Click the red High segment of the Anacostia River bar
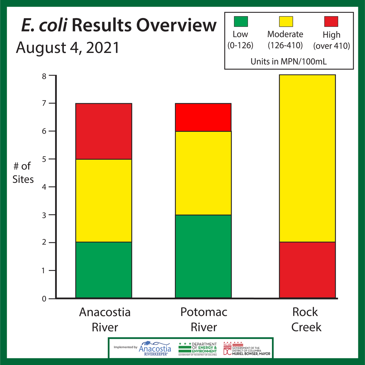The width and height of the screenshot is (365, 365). click(x=103, y=131)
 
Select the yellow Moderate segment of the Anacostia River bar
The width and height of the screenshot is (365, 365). click(x=103, y=201)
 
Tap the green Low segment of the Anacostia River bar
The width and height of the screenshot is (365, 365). click(x=103, y=270)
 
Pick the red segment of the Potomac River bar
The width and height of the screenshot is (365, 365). click(x=203, y=117)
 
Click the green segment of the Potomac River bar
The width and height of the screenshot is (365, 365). click(x=203, y=256)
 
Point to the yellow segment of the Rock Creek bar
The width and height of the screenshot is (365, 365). click(x=307, y=158)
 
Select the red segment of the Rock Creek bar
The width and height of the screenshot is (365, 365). click(x=307, y=270)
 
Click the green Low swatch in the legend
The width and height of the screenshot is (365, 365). click(x=241, y=22)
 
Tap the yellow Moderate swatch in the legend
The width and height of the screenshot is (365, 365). click(x=286, y=22)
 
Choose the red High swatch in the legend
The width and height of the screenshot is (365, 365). click(x=331, y=22)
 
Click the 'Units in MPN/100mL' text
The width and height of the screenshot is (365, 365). click(x=289, y=61)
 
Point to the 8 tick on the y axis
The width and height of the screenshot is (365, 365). click(x=44, y=76)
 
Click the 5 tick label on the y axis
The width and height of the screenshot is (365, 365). click(x=44, y=159)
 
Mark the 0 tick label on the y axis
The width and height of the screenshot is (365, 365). click(x=44, y=299)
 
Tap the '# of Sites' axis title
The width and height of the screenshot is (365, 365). click(x=23, y=173)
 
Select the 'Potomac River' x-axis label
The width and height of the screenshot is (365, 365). click(x=204, y=319)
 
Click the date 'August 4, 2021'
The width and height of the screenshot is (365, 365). click(x=68, y=48)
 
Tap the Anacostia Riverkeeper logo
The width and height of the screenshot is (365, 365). click(x=155, y=348)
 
